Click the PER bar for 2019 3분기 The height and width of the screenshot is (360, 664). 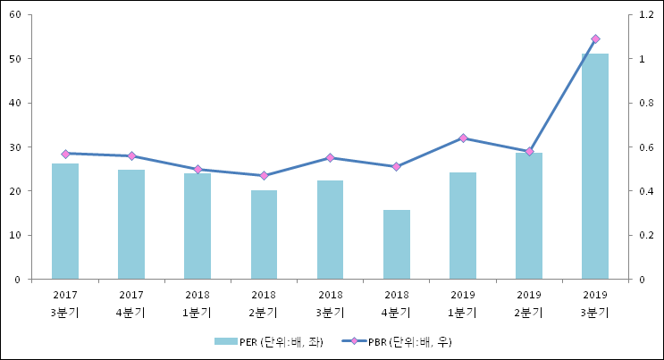pyautogui.click(x=595, y=166)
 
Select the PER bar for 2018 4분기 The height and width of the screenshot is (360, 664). pyautogui.click(x=397, y=245)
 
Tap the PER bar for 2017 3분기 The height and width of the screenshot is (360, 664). pyautogui.click(x=65, y=222)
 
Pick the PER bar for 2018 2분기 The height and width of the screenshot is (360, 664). pyautogui.click(x=264, y=235)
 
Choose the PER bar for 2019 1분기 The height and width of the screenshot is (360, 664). pyautogui.click(x=463, y=226)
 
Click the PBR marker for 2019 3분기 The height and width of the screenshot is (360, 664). pyautogui.click(x=595, y=39)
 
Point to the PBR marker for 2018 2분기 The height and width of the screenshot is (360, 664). pyautogui.click(x=264, y=176)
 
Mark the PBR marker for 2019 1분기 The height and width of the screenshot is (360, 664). pyautogui.click(x=463, y=138)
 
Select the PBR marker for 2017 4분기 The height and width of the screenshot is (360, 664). pyautogui.click(x=131, y=156)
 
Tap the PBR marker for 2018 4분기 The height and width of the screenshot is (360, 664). pyautogui.click(x=397, y=167)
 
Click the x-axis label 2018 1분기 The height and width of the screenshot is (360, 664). pyautogui.click(x=198, y=304)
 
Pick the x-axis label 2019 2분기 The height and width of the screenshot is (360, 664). pyautogui.click(x=529, y=304)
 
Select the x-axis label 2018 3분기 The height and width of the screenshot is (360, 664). pyautogui.click(x=330, y=304)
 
